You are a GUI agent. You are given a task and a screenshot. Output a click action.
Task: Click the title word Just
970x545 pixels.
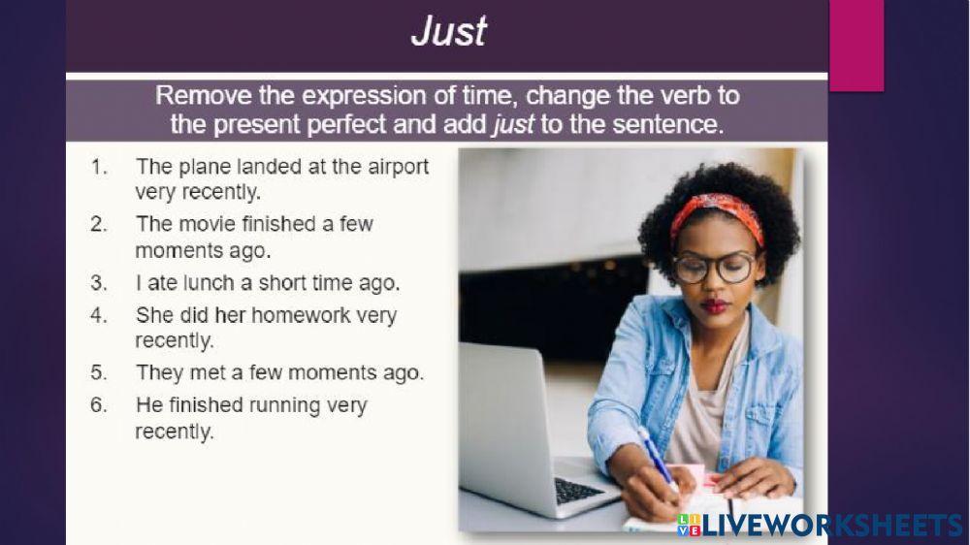point(448,32)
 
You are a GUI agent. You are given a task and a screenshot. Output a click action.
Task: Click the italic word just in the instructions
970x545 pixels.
point(512,124)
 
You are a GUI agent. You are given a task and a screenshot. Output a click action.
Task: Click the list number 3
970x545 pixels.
point(98,284)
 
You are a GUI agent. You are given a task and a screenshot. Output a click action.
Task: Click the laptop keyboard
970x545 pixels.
point(578,490)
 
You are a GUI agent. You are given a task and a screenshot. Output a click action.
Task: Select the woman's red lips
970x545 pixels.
point(717,306)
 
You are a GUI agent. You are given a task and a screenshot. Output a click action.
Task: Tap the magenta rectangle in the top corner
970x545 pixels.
point(856,44)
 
